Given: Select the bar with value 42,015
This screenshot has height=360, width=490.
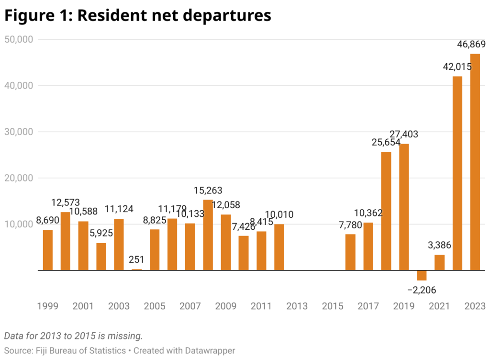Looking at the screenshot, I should (457, 173).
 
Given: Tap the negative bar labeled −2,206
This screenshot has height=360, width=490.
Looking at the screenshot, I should (422, 275).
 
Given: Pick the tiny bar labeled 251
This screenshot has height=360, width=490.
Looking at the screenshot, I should (137, 270).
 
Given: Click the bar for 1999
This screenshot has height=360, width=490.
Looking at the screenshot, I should (48, 250).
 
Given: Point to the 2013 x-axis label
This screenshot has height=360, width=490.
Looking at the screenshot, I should (297, 306).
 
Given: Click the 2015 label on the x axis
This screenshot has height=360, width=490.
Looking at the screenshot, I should (333, 306).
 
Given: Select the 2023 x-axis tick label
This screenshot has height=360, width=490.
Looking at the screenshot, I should (475, 306).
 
